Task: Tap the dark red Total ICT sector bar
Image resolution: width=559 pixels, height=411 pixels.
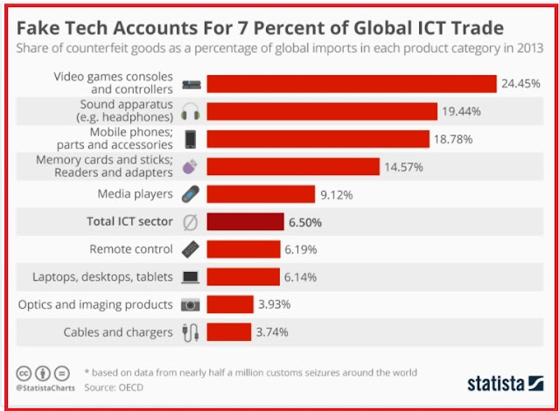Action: tap(245, 221)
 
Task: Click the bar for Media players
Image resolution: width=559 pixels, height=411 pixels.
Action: tap(260, 194)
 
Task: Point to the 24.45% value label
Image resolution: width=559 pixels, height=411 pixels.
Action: tap(521, 85)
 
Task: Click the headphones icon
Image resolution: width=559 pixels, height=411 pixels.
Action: tap(190, 112)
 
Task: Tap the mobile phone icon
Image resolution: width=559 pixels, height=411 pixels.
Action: tap(190, 139)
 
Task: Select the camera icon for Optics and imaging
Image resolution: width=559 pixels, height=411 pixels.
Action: tap(190, 304)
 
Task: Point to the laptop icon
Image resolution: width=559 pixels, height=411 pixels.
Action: tap(190, 277)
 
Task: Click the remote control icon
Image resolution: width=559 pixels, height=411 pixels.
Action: tap(190, 249)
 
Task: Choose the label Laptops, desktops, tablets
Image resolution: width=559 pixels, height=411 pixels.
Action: tap(102, 277)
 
